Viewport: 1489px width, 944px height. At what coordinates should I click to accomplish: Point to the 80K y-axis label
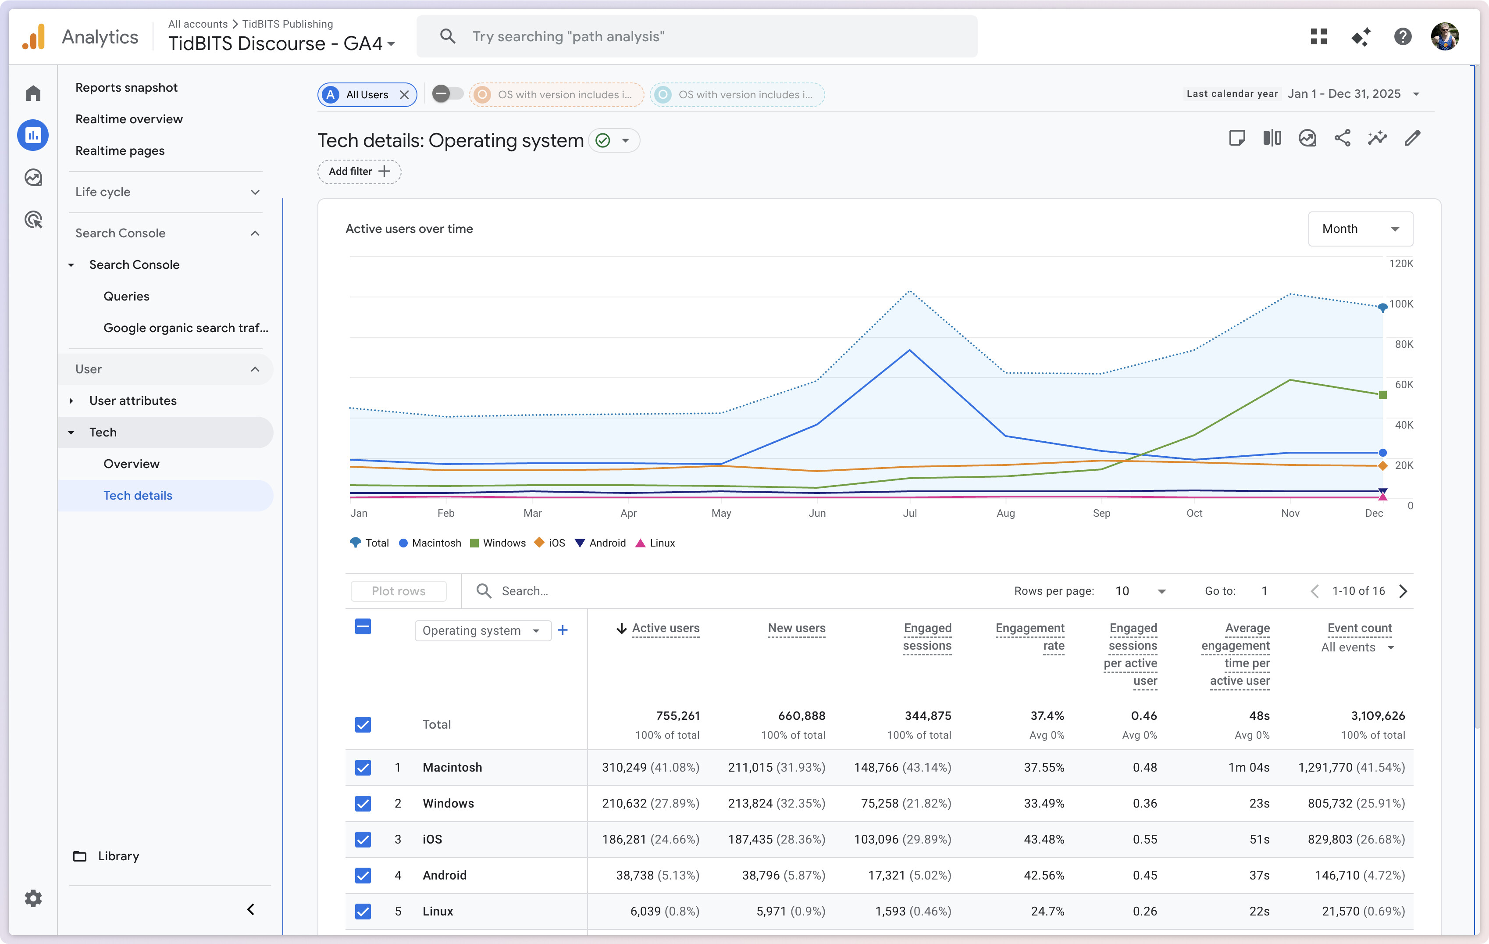(x=1403, y=344)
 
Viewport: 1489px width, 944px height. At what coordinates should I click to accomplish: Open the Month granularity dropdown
(x=1360, y=229)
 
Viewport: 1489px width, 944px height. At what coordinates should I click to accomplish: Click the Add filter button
(x=359, y=172)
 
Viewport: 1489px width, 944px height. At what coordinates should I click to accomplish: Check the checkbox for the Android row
(x=363, y=875)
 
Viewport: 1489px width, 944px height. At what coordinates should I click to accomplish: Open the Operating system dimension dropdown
(x=482, y=630)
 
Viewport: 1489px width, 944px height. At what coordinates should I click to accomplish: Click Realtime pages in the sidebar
(x=120, y=150)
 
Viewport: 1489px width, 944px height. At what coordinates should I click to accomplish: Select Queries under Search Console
(x=126, y=296)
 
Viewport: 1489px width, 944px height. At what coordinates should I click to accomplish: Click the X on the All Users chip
(x=404, y=95)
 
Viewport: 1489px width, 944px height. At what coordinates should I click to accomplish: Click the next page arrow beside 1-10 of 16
(x=1403, y=591)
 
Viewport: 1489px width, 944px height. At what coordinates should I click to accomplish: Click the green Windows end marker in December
(x=1382, y=395)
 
